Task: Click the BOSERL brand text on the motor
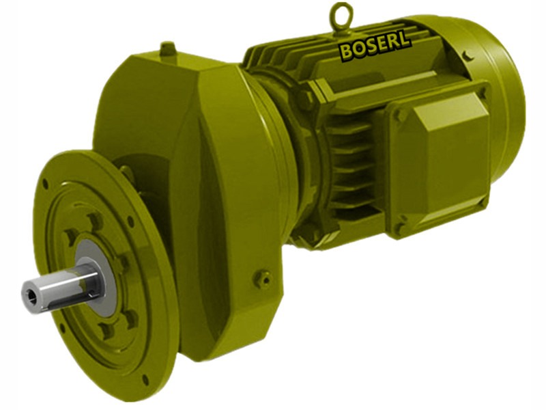click(x=375, y=48)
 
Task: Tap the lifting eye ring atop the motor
click(x=341, y=14)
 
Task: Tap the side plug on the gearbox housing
click(x=263, y=278)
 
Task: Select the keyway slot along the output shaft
click(x=68, y=280)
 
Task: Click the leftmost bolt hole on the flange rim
click(x=45, y=184)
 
